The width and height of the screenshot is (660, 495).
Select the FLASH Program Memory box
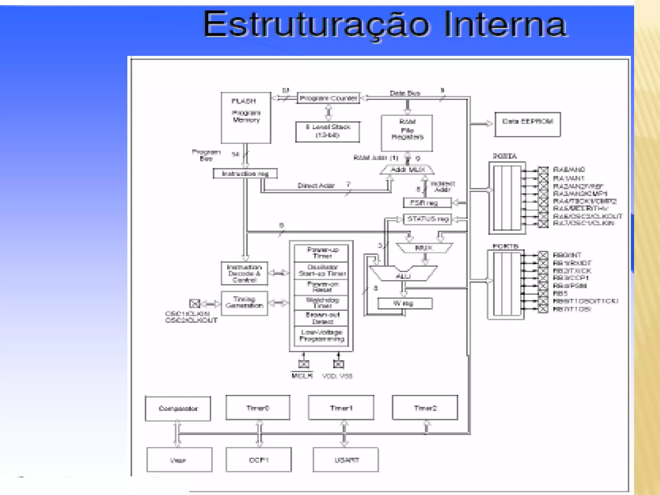point(246,118)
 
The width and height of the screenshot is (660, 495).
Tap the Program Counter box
point(328,98)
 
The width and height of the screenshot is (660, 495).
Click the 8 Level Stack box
point(327,131)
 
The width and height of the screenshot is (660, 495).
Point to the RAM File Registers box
point(407,133)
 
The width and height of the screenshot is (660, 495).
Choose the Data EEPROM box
point(528,124)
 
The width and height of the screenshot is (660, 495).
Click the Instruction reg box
point(245,174)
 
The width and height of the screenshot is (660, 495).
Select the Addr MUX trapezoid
point(407,170)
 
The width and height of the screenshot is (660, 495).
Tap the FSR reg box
point(427,203)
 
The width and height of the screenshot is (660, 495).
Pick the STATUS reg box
point(427,219)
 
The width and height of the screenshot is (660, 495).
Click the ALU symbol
point(403,274)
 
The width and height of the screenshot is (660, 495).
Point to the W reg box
point(404,303)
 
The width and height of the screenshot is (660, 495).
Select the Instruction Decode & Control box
point(244,273)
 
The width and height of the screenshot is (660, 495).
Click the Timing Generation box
point(244,303)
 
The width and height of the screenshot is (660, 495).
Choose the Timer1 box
point(341,408)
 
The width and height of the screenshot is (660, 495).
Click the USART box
point(345,460)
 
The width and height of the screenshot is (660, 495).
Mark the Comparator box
point(178,409)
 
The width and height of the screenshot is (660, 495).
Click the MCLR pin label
point(302,376)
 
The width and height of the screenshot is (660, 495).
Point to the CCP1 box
point(258,460)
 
